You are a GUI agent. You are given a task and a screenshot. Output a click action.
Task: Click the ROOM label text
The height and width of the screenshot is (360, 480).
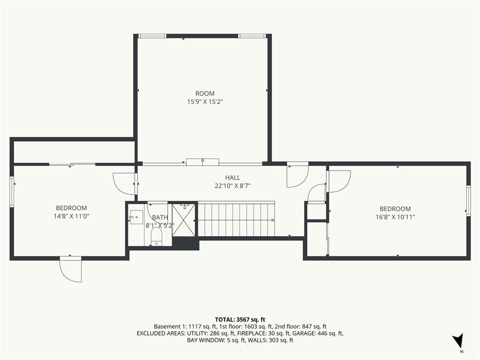[205, 93]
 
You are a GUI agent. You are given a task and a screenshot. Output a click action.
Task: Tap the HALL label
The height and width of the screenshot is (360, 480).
[232, 178]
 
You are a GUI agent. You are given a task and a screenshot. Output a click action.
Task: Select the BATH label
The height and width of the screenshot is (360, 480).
[160, 217]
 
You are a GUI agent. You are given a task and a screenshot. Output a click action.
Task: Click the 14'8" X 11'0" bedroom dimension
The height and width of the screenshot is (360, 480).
[71, 216]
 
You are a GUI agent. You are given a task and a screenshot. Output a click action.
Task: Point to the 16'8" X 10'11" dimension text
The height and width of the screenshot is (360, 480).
[395, 217]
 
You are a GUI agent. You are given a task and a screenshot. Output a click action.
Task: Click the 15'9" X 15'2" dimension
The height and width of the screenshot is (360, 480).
[205, 102]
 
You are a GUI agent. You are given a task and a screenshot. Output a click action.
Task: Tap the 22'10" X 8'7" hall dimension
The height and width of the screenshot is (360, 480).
[232, 186]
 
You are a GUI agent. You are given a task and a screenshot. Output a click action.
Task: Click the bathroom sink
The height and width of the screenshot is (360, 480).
[136, 217]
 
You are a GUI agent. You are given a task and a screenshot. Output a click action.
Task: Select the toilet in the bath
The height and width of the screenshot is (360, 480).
[157, 238]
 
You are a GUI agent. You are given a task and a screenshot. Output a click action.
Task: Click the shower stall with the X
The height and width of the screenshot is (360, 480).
[183, 220]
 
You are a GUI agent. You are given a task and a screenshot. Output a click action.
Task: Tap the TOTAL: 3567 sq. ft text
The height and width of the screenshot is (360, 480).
[240, 320]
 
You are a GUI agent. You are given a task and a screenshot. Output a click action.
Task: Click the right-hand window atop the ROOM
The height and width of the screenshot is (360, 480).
[252, 36]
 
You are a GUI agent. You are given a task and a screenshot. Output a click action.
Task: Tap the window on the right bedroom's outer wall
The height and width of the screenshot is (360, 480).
[468, 201]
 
